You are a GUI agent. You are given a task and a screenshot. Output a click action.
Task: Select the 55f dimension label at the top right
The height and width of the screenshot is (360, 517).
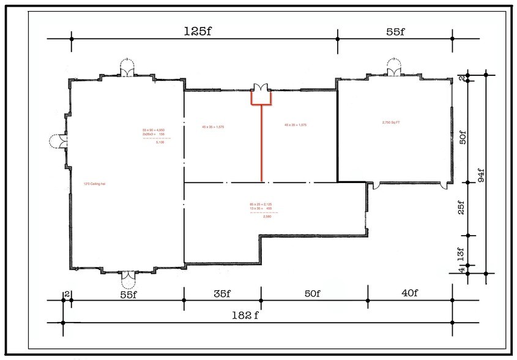pyautogui.click(x=395, y=32)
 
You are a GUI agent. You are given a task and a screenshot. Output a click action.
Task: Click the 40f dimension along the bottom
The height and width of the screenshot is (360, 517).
pyautogui.click(x=409, y=293)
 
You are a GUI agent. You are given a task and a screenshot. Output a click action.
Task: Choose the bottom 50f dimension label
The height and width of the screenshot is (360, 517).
pyautogui.click(x=311, y=293)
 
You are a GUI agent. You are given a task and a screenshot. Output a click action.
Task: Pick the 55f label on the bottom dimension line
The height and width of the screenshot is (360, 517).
pyautogui.click(x=128, y=293)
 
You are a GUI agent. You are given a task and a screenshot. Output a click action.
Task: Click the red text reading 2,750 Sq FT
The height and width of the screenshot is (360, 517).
pyautogui.click(x=391, y=122)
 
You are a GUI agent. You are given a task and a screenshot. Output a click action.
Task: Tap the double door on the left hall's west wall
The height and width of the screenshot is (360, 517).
pyautogui.click(x=59, y=141)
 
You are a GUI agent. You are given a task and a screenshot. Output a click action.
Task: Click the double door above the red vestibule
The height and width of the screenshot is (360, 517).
pyautogui.click(x=261, y=86)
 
